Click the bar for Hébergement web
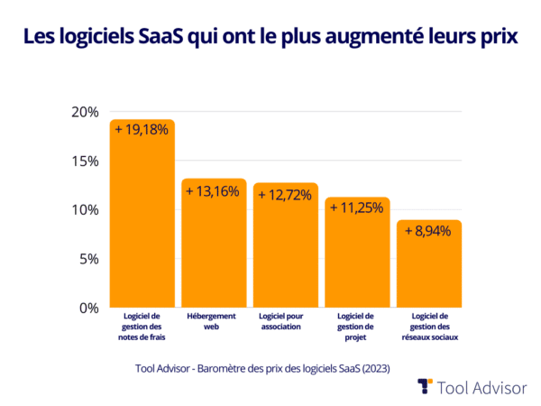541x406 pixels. pos(214,244)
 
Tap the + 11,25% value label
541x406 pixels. pos(357,208)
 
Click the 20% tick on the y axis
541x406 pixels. pos(84,112)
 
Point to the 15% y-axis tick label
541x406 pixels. pos(84,161)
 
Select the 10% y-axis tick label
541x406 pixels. pos(84,210)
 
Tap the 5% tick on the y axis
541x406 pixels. pos(87,259)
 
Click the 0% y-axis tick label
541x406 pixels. pos(87,308)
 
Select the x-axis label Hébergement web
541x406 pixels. pos(214,321)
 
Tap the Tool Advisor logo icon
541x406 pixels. pos(425,386)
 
